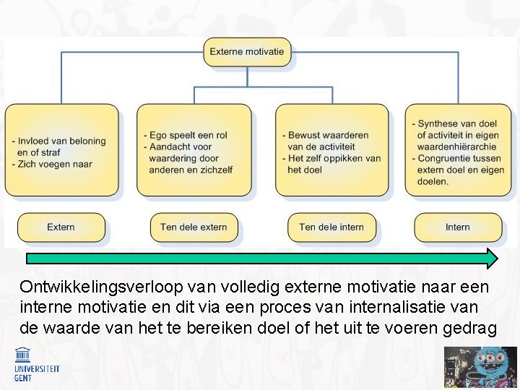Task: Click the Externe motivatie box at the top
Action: pos(247,52)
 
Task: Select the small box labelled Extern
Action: pos(61,227)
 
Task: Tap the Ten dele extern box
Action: pos(194,227)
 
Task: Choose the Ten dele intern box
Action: pos(331,227)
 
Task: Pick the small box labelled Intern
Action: pos(457,227)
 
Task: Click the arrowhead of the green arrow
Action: pos(491,259)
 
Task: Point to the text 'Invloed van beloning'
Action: pos(61,141)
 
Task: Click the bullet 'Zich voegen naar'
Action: pos(54,164)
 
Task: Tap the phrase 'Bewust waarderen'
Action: pos(328,135)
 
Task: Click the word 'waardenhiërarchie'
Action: pos(457,147)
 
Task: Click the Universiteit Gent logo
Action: pos(36,363)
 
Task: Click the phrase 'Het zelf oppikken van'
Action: pos(334,158)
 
